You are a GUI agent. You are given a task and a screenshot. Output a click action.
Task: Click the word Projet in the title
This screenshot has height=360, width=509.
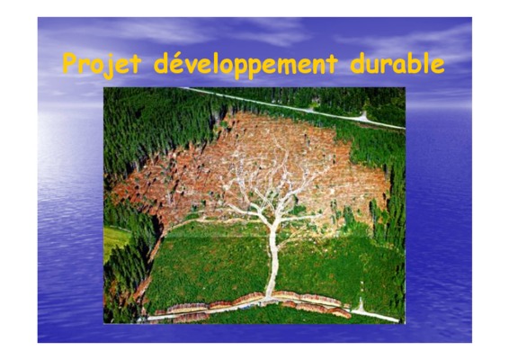point(102,65)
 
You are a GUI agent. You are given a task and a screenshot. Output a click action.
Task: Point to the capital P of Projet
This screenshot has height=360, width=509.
point(71,63)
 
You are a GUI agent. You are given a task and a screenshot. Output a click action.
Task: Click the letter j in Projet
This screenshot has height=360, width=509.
point(109,67)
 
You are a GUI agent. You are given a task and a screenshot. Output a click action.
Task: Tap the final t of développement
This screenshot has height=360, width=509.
point(332,64)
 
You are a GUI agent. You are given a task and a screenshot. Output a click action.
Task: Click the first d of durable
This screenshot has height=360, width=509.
point(357,63)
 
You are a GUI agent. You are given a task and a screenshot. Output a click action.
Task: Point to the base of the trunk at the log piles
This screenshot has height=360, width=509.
point(269,298)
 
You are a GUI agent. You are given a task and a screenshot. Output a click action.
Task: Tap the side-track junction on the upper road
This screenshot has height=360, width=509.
point(363,117)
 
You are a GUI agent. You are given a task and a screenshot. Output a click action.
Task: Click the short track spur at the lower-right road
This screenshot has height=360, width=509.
point(361,305)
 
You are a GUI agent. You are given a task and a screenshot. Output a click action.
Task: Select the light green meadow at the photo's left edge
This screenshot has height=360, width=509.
point(114,239)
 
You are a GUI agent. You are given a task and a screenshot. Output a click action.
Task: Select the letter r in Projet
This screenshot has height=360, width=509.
point(85,66)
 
